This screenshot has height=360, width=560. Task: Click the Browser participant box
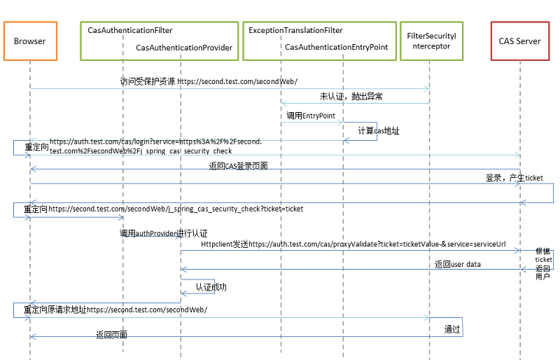29,41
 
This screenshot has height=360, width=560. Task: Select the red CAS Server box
519,41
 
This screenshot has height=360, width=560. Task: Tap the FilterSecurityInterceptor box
430,41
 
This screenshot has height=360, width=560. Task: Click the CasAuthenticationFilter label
130,31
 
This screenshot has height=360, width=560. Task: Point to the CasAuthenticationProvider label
184,48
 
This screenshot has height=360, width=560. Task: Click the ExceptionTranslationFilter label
295,31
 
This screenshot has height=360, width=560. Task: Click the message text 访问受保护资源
148,81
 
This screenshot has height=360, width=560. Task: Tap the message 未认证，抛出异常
351,96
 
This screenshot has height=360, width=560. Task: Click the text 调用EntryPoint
311,115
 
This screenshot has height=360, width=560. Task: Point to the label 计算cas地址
379,131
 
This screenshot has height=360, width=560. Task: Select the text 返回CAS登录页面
238,167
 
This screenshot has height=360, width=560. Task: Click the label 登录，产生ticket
514,178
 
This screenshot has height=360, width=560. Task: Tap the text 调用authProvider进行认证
163,233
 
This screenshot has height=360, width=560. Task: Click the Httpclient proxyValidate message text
353,244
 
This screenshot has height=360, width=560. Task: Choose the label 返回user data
457,264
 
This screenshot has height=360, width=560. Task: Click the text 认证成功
211,287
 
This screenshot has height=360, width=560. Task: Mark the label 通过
452,328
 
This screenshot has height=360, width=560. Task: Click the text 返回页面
111,335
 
